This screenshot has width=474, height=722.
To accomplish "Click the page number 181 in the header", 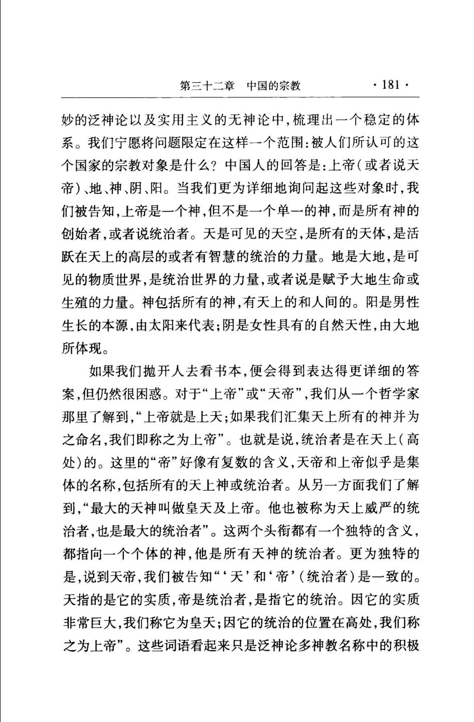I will [391, 84].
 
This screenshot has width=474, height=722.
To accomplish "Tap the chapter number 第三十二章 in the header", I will [207, 85].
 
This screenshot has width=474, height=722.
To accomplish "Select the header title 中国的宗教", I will [273, 85].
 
